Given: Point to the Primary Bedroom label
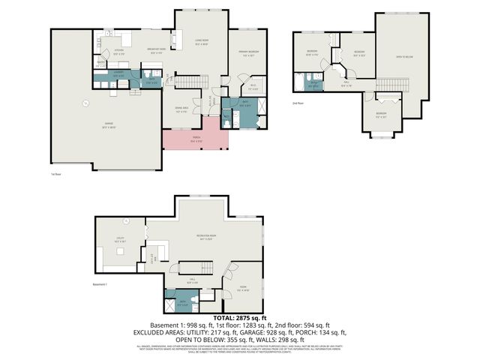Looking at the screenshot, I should tap(247, 53).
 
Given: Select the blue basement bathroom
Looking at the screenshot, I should tap(177, 303).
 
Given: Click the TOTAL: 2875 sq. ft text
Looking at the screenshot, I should tap(240, 318).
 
